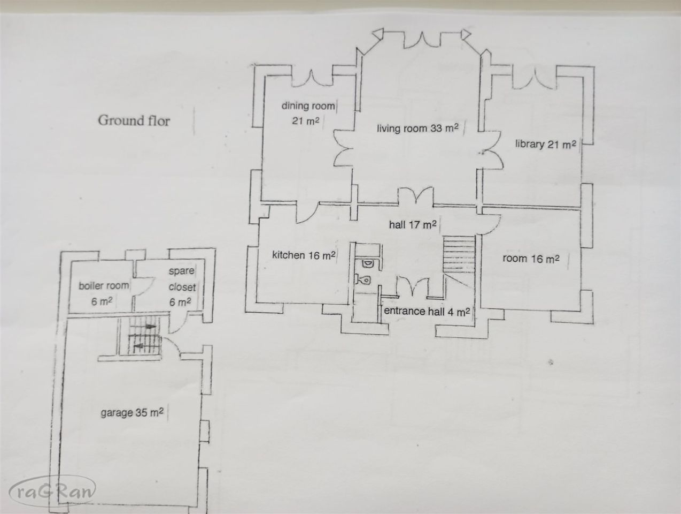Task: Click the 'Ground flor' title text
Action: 134,120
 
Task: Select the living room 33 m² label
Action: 417,128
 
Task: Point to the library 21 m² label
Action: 546,145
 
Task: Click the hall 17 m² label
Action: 413,224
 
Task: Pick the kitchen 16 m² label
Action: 304,255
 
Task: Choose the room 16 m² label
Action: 531,258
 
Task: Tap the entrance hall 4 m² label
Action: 427,311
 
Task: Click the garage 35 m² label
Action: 132,413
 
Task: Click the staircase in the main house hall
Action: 459,254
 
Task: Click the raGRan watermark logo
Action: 52,492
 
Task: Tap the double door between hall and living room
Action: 415,196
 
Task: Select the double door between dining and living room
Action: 344,148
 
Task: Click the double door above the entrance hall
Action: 413,286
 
